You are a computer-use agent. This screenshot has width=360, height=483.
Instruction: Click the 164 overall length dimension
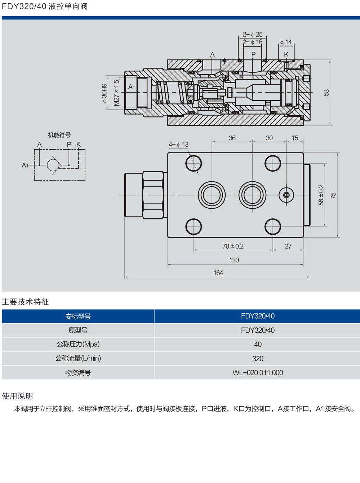218,273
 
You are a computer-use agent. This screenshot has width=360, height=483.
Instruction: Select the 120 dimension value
234,260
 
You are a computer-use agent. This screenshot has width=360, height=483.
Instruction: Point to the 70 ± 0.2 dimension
233,247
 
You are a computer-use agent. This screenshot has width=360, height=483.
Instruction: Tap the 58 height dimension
326,93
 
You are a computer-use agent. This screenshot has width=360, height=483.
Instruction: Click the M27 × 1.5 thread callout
116,93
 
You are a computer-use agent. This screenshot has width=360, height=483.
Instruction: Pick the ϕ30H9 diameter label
105,93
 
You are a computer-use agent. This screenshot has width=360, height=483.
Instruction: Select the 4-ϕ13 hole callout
179,145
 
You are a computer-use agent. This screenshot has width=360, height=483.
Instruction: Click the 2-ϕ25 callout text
253,35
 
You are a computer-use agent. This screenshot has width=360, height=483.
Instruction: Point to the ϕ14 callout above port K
286,42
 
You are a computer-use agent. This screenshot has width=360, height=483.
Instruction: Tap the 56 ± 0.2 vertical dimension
321,195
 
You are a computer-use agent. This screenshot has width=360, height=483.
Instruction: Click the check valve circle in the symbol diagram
53,165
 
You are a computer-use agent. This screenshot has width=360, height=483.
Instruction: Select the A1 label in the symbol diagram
25,165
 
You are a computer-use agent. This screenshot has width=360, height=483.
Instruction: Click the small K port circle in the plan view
286,195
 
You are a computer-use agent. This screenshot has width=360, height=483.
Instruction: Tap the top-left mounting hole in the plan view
194,163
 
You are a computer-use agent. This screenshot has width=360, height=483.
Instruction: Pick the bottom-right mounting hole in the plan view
272,227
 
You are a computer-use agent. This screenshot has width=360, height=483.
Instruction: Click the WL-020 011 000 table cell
258,373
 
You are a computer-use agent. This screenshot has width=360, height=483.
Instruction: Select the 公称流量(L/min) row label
78,358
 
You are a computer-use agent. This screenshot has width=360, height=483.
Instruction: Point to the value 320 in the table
258,359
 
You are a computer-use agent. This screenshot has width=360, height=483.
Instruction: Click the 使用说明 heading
17,396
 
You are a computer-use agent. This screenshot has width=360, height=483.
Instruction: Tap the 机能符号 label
59,135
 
